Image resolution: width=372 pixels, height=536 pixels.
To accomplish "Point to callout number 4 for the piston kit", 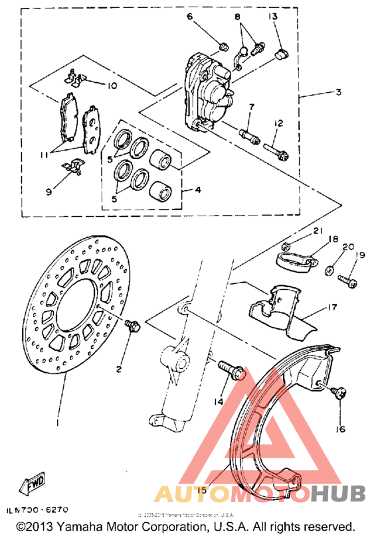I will click(198, 190).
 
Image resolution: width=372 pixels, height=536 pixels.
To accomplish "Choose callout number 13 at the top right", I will click(273, 16).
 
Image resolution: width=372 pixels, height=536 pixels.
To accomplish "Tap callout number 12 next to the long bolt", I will click(278, 123).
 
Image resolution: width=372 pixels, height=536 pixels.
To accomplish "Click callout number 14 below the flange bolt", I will click(217, 401).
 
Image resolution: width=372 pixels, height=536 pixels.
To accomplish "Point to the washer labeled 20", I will click(328, 271).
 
